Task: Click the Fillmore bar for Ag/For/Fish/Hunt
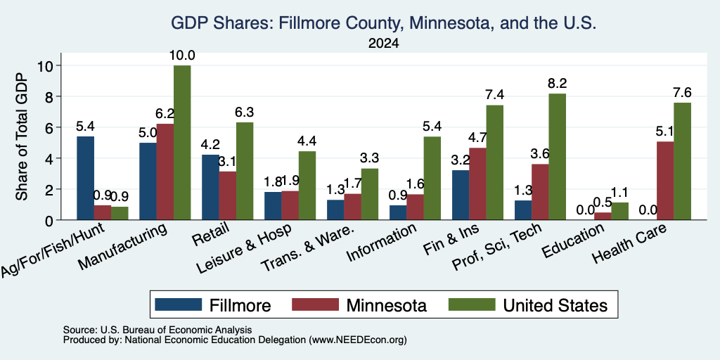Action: click(x=85, y=178)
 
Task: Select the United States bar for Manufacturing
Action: click(x=182, y=143)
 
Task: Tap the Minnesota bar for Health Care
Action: click(x=665, y=181)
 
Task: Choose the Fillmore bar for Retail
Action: click(x=210, y=187)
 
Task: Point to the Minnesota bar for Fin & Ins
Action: click(x=477, y=184)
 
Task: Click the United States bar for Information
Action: click(x=432, y=178)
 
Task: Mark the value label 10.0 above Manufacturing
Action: click(x=182, y=56)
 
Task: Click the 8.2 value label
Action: click(x=558, y=84)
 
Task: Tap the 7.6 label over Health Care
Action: click(x=682, y=93)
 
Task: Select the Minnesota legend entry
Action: click(x=359, y=305)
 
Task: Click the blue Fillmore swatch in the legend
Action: click(x=178, y=304)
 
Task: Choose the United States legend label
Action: click(x=555, y=305)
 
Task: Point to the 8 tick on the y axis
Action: click(x=51, y=96)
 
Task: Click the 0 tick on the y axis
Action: click(x=51, y=220)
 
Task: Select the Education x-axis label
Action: click(x=574, y=240)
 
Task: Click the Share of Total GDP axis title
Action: click(x=22, y=136)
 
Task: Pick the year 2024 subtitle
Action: click(x=383, y=44)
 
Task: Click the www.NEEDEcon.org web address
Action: click(x=358, y=340)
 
